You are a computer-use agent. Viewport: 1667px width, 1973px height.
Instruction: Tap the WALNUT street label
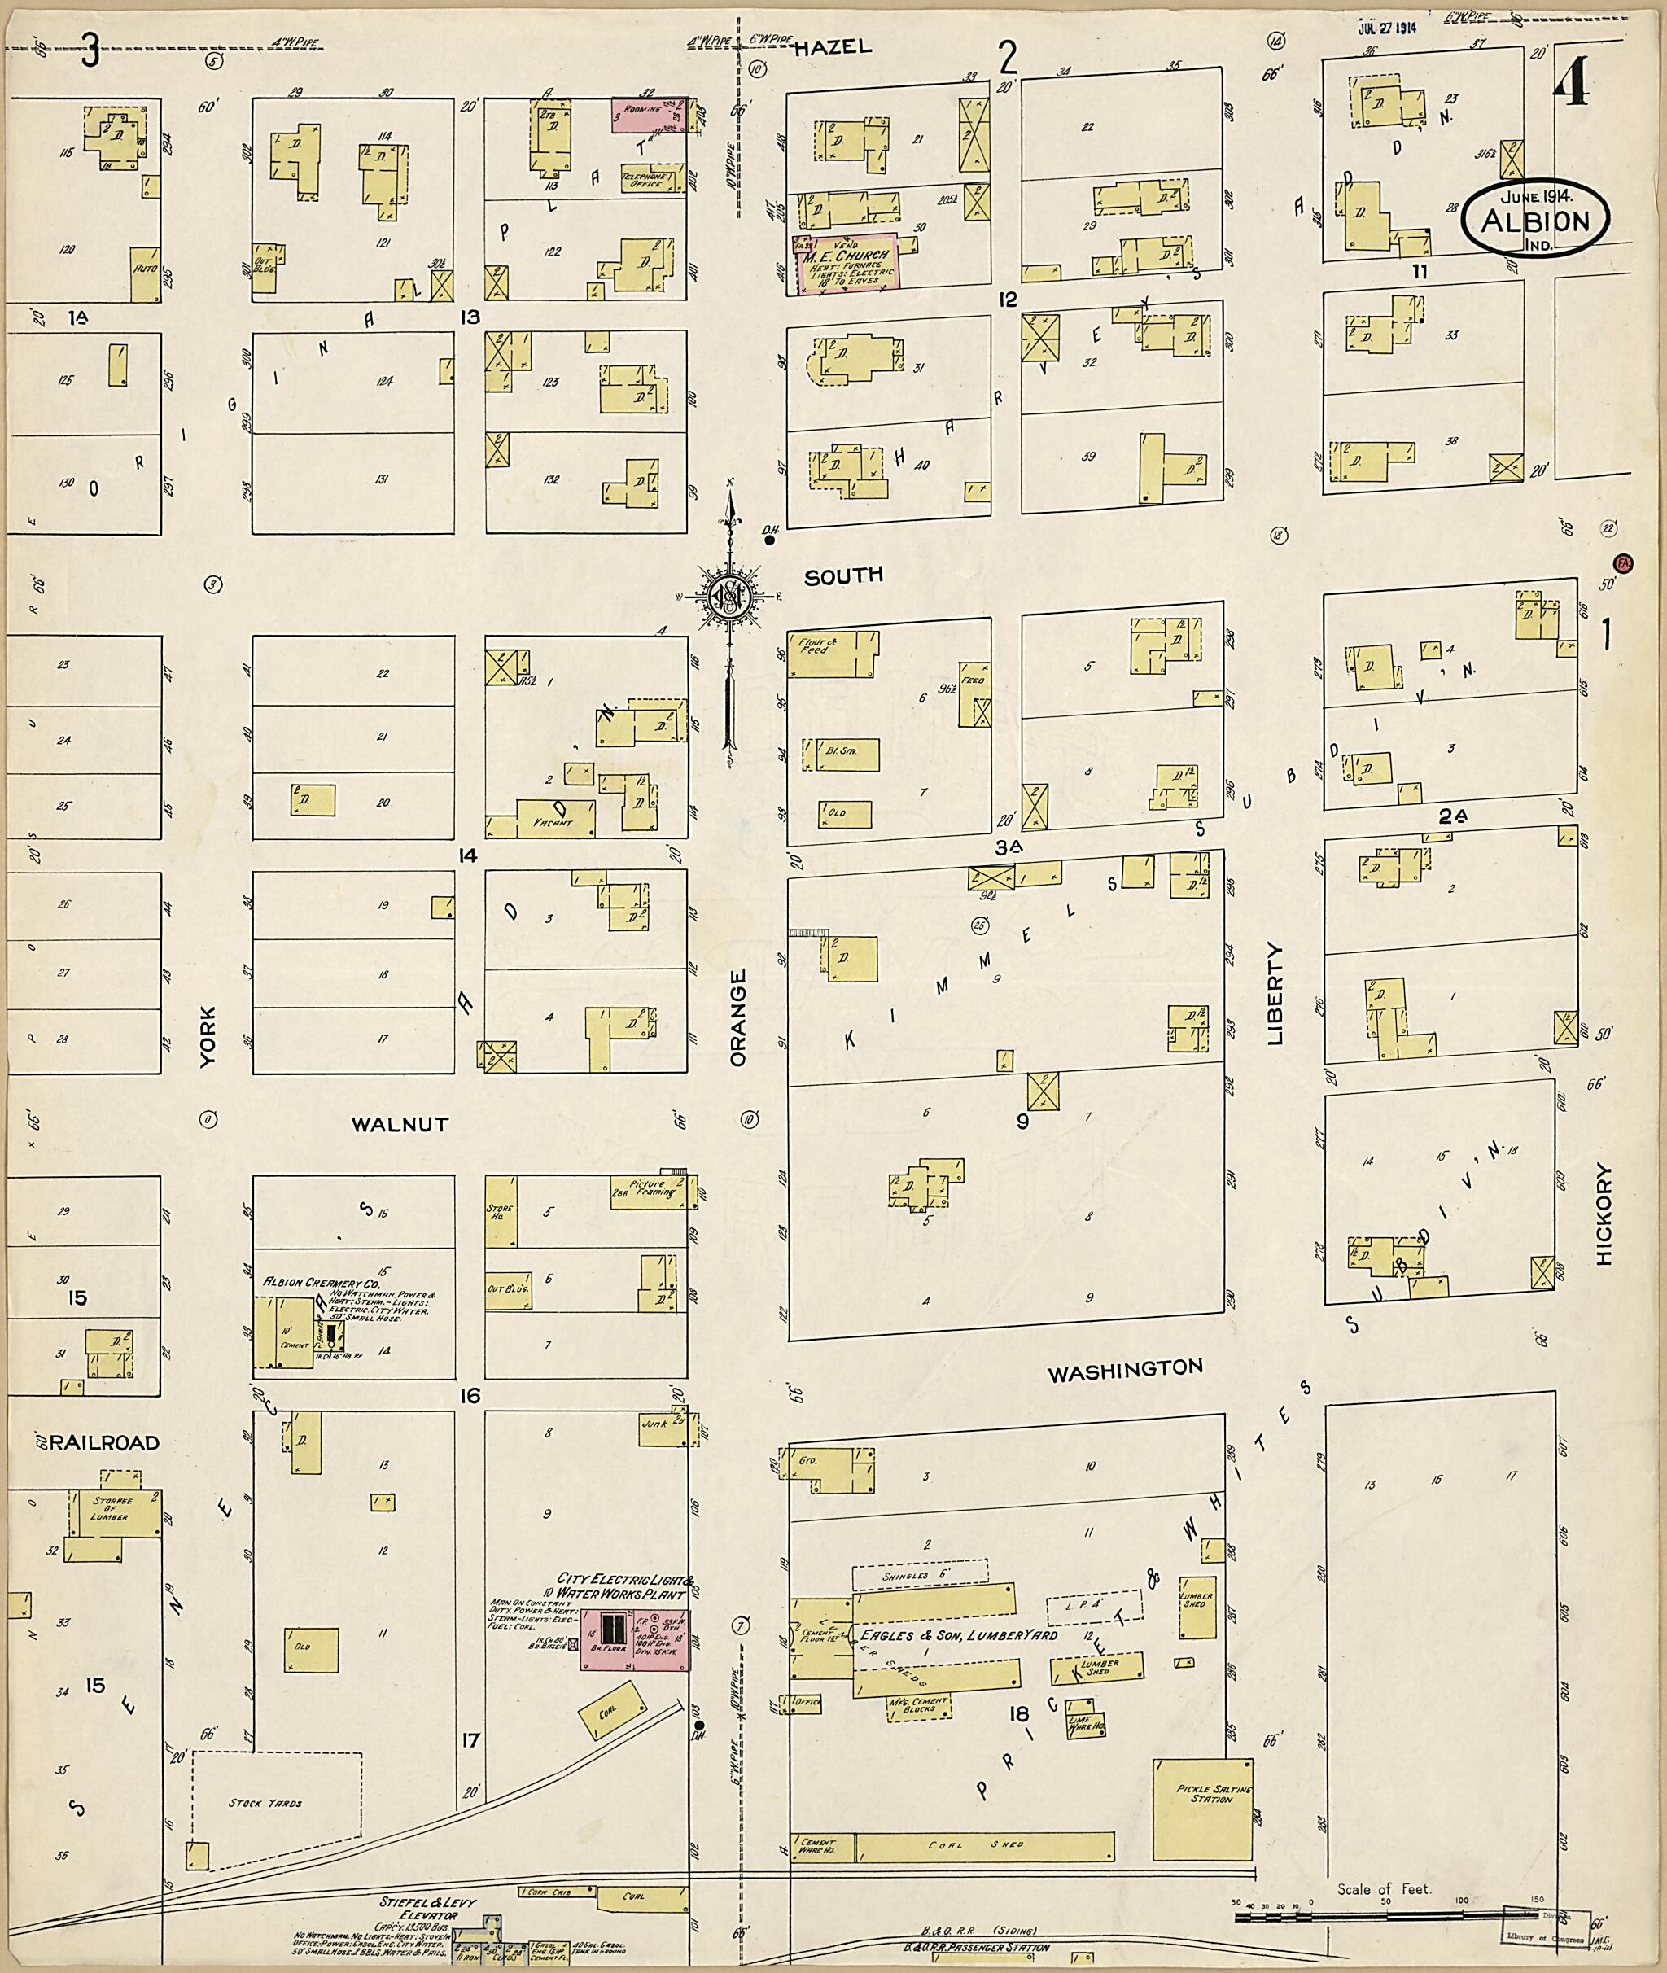click(400, 1124)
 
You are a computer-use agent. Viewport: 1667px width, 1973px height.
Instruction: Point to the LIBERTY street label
click(1275, 993)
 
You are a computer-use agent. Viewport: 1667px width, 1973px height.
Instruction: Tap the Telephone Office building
click(648, 180)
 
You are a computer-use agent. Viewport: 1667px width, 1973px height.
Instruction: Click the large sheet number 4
click(1572, 88)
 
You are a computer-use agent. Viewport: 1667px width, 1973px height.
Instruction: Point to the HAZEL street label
click(832, 48)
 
